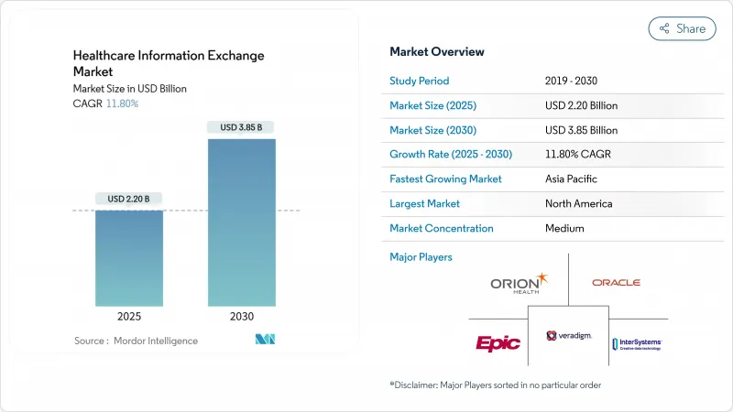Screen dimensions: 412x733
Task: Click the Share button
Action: (683, 28)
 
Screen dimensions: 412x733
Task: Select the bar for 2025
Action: (129, 258)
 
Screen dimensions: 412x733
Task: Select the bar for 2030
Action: (241, 222)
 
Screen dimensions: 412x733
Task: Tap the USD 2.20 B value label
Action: (129, 199)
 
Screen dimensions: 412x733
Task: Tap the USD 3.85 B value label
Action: (241, 127)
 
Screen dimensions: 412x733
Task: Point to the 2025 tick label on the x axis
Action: (129, 316)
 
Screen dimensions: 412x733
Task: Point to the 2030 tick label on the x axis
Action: (241, 316)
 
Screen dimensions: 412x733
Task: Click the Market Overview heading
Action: (437, 51)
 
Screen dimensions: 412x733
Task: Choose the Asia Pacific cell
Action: (574, 179)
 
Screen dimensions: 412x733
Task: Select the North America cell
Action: (579, 203)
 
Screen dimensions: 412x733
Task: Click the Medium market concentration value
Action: (564, 228)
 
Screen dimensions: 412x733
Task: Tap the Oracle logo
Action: (616, 282)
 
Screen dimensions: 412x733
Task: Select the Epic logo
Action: (498, 343)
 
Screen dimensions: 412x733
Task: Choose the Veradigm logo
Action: (568, 336)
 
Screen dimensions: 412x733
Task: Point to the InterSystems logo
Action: (636, 343)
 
